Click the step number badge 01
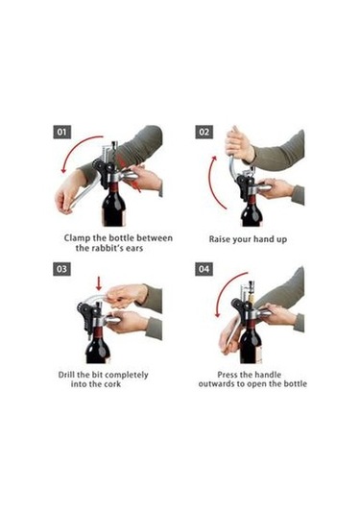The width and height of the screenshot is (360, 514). (61, 133)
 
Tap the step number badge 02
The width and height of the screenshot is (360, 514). (204, 133)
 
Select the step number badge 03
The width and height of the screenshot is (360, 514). (61, 269)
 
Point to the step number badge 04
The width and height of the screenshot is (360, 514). (204, 269)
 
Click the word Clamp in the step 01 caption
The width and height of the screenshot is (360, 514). (78, 238)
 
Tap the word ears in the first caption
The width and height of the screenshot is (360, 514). (133, 248)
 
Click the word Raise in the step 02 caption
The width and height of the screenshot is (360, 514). (219, 239)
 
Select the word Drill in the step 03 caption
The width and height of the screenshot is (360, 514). (66, 375)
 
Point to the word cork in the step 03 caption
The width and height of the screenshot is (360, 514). (112, 384)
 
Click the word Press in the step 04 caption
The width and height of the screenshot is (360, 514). (228, 375)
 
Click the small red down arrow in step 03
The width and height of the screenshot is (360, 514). (98, 283)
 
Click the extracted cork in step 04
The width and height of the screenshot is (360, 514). (252, 299)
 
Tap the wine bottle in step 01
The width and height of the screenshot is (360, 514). (113, 204)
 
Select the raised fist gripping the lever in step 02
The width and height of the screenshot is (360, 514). (239, 145)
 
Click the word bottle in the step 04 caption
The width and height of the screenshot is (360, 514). (295, 384)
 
